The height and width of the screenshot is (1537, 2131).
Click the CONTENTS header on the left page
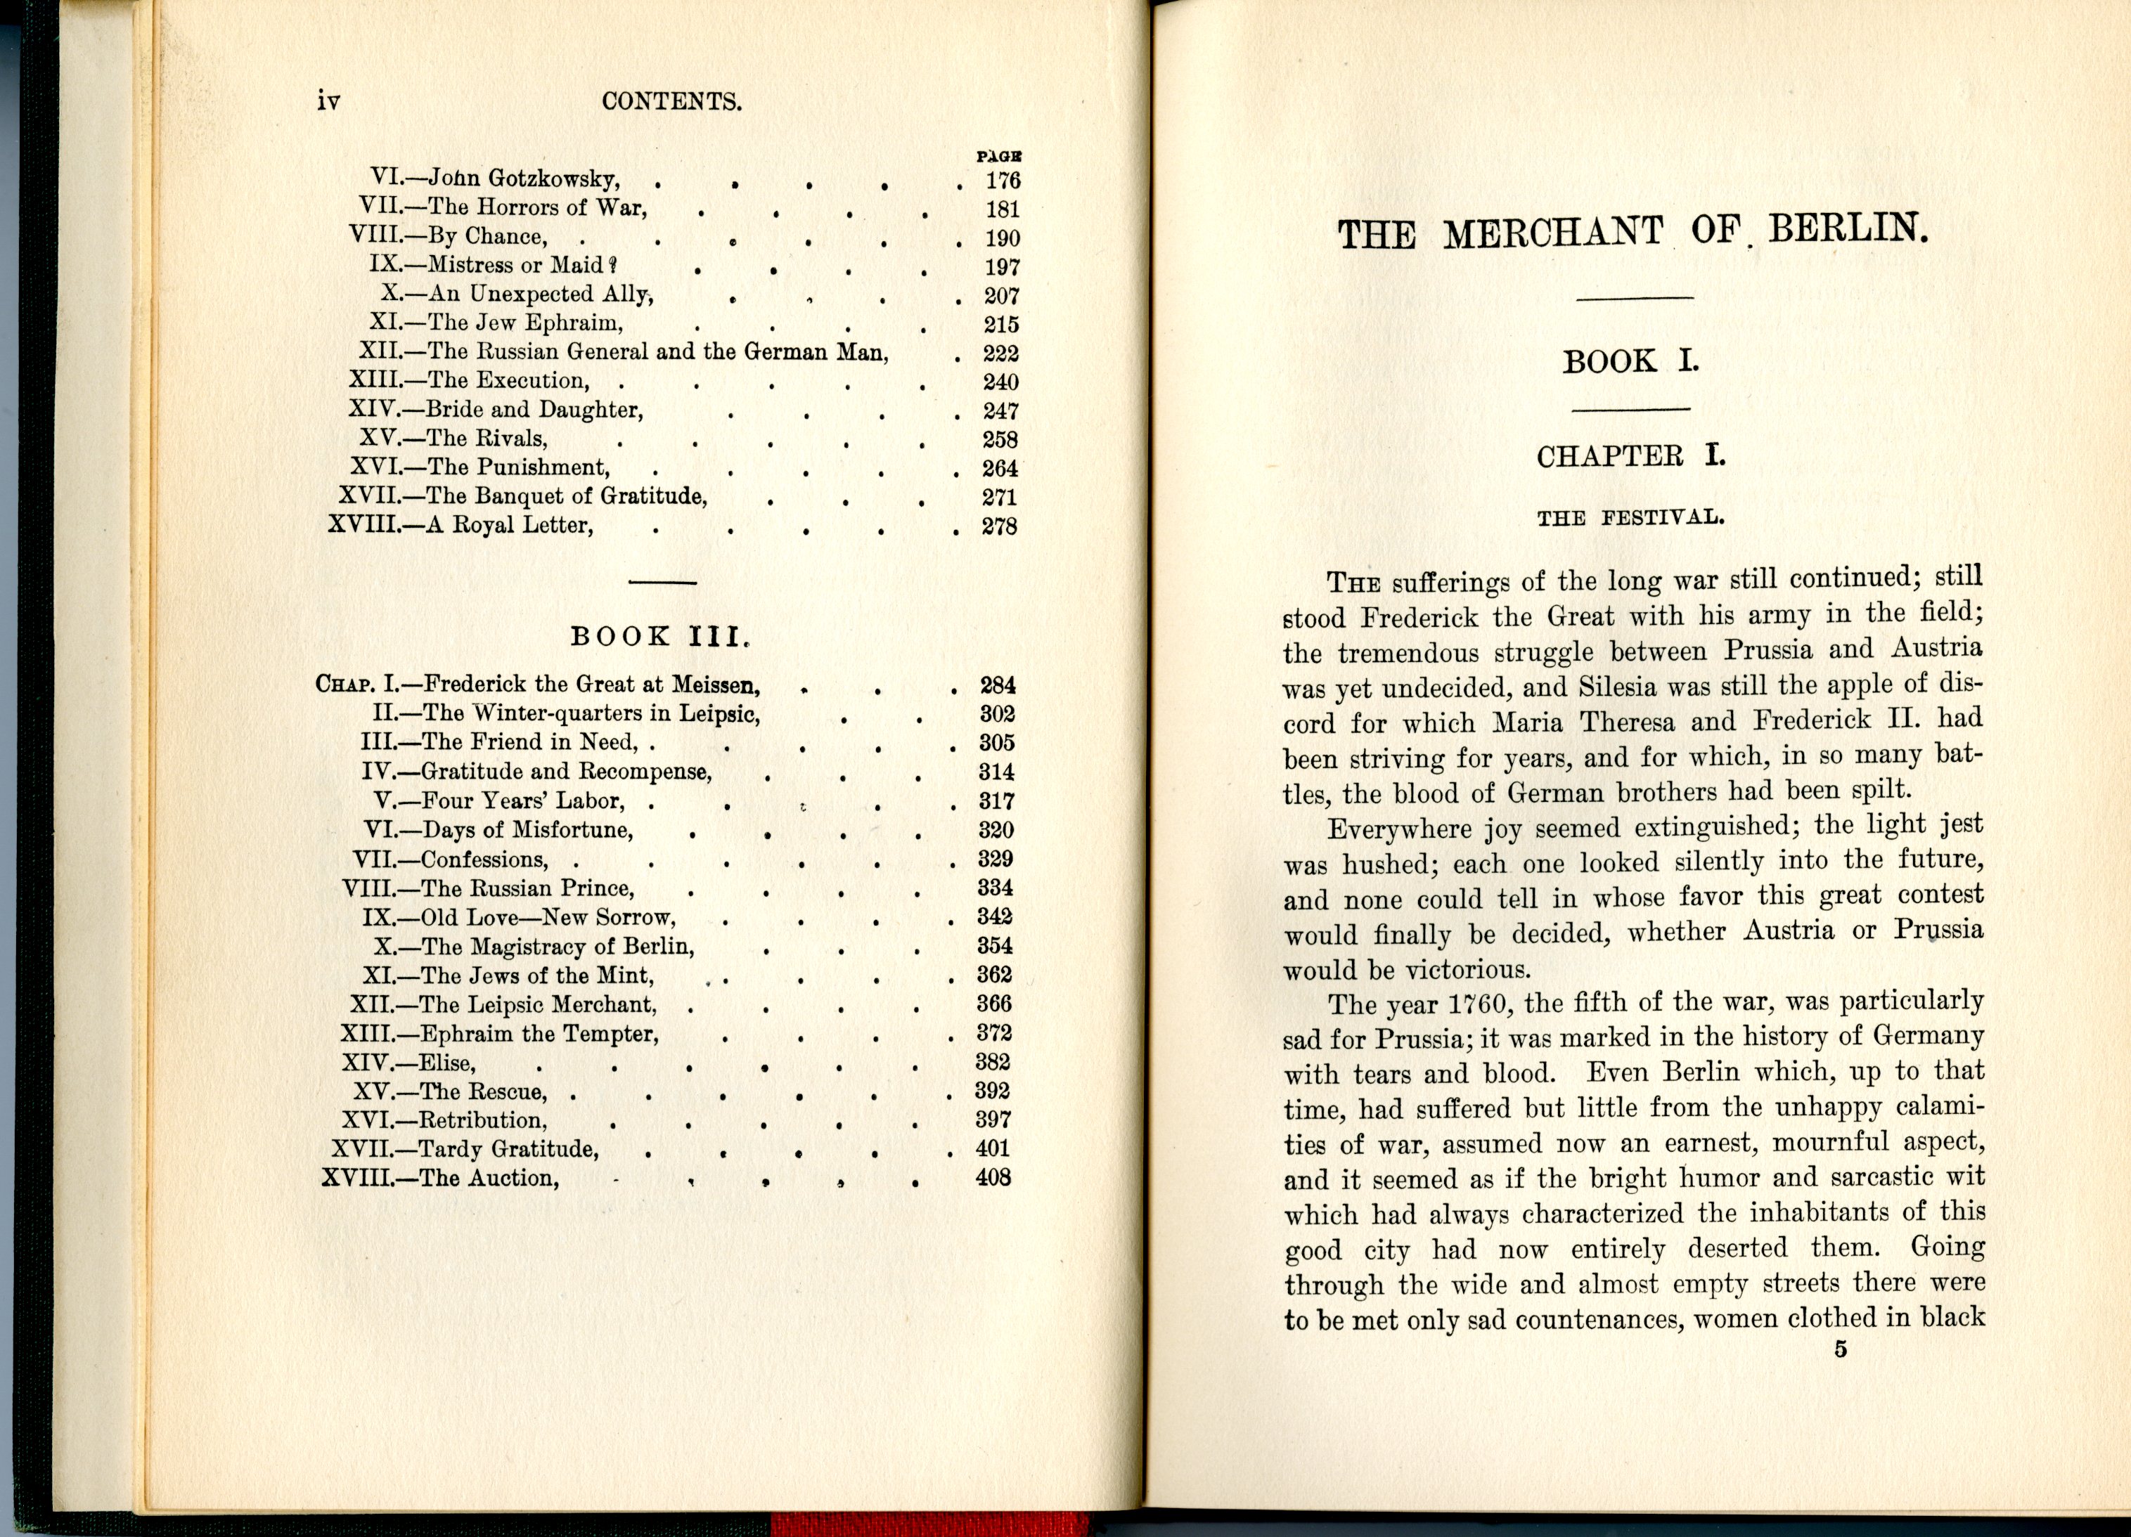point(672,101)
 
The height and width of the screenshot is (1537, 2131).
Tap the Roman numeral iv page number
point(328,101)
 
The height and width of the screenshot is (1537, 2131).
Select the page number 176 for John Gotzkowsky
point(1003,181)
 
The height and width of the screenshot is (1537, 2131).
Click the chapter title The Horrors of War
point(537,207)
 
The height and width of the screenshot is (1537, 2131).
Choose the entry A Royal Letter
point(510,525)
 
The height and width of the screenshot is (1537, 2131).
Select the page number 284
point(997,685)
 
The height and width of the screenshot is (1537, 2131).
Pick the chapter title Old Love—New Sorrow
point(548,918)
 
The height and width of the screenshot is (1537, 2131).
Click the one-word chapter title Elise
point(447,1063)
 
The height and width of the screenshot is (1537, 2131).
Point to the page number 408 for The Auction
point(993,1177)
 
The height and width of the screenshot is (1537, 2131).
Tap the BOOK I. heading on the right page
point(1630,362)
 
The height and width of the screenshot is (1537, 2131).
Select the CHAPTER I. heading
point(1631,457)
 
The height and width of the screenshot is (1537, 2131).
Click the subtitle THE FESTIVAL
point(1630,518)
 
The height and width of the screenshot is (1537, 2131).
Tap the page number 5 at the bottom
point(1841,1350)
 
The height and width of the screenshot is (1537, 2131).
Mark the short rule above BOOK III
point(662,583)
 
